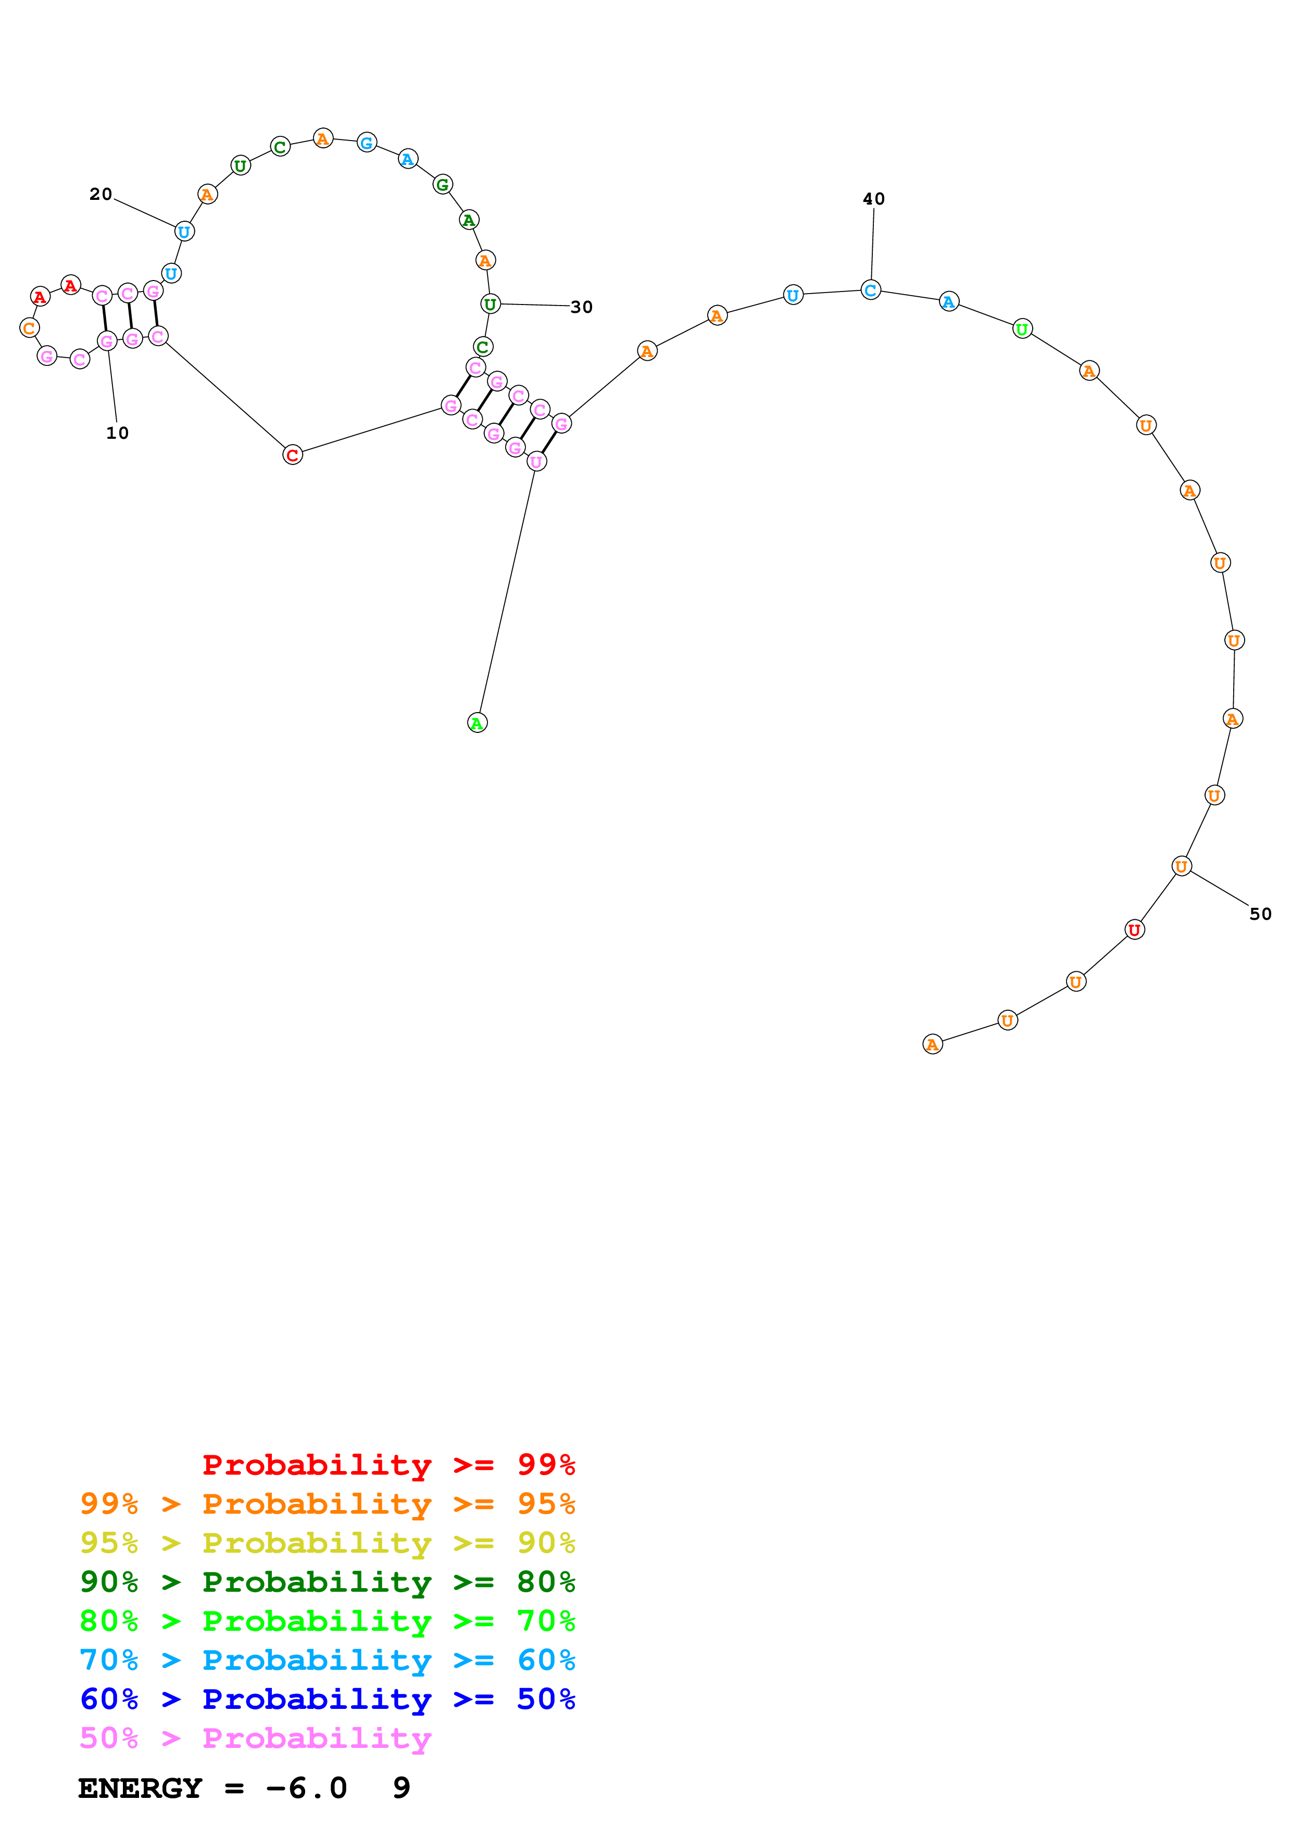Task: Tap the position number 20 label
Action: [x=100, y=194]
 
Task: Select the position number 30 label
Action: [x=582, y=307]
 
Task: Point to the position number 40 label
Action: [x=873, y=199]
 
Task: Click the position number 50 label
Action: [x=1260, y=914]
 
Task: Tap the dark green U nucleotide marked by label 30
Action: [x=490, y=304]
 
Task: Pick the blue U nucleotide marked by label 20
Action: [x=184, y=232]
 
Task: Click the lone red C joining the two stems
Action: [x=292, y=455]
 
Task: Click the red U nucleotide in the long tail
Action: [x=1134, y=929]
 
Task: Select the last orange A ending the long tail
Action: [x=932, y=1044]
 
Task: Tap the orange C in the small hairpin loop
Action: [x=30, y=327]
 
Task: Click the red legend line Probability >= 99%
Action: [x=388, y=1465]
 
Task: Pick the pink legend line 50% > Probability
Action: [x=255, y=1739]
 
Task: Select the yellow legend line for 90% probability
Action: [x=327, y=1543]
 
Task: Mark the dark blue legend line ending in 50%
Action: [x=327, y=1700]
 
